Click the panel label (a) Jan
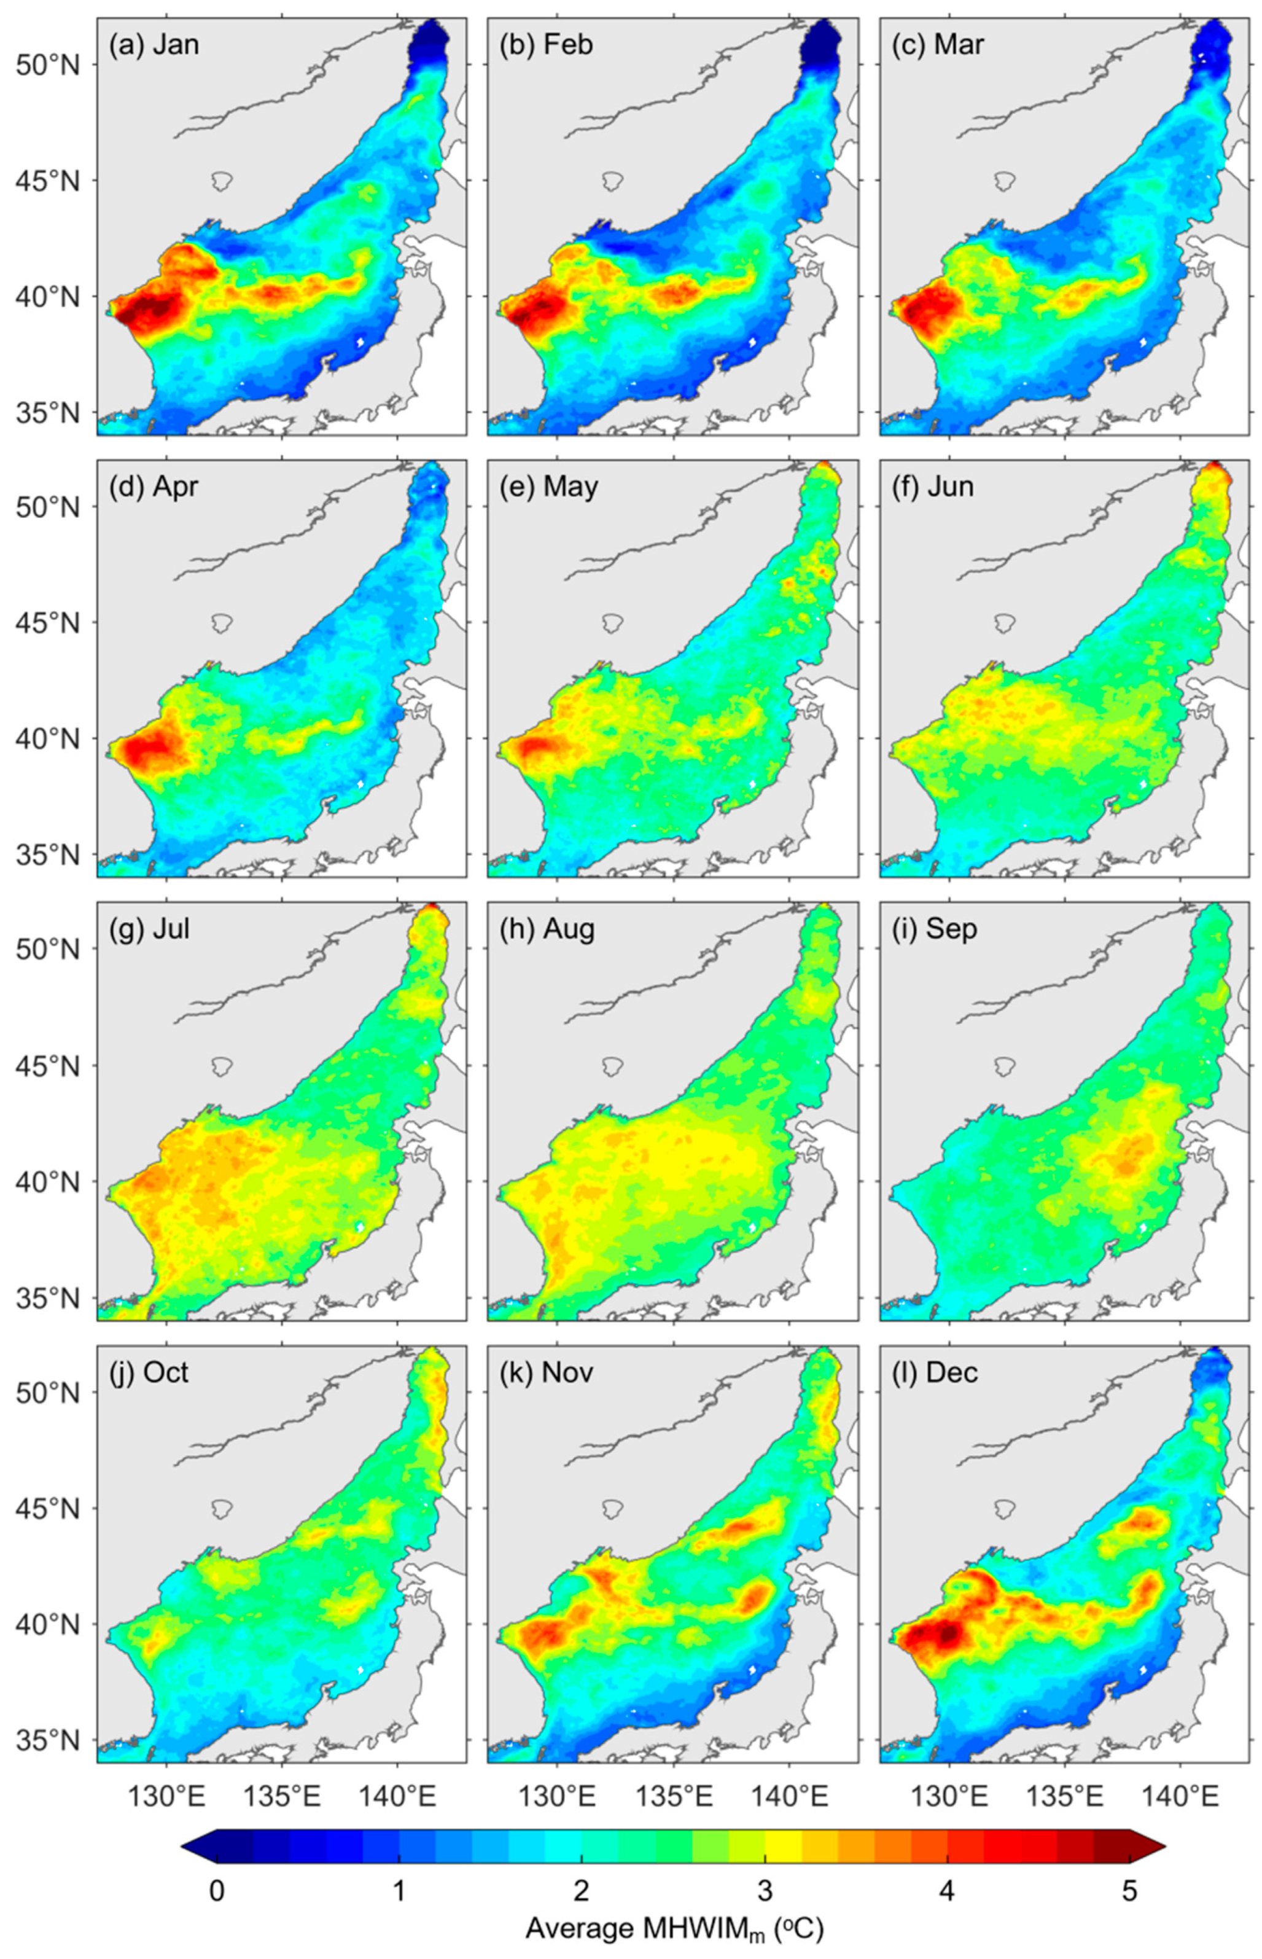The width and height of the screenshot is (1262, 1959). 154,44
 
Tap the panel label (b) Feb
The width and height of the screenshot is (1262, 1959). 546,44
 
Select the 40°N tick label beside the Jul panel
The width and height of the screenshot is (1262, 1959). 47,1182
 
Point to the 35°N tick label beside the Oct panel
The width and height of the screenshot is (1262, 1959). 47,1739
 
